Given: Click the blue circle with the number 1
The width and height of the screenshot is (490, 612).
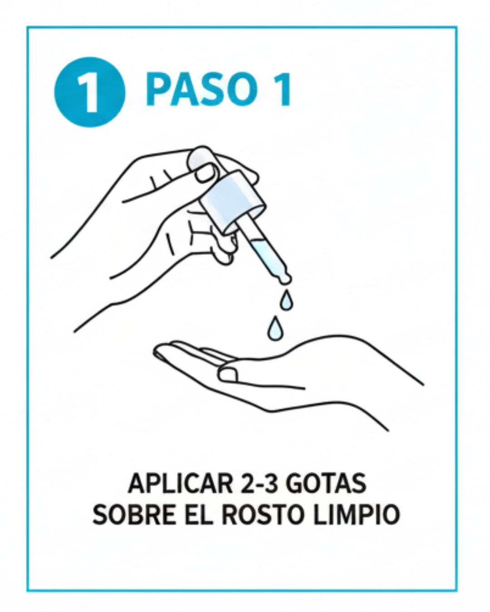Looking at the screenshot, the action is click(90, 92).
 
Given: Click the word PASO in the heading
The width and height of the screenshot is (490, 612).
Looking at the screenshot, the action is click(201, 89).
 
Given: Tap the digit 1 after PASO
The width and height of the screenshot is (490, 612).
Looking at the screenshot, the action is click(281, 90).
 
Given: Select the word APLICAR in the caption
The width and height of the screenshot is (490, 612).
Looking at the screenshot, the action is click(180, 484).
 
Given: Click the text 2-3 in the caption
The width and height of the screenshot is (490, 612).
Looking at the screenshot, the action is click(259, 484).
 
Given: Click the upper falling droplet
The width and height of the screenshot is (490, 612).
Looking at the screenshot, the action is click(286, 300).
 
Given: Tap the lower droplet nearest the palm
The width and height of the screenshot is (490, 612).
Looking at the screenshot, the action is click(275, 329).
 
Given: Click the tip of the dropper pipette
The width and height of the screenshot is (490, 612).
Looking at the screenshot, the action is click(285, 280).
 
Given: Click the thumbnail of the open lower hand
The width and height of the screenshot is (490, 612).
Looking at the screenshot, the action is click(228, 374).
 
